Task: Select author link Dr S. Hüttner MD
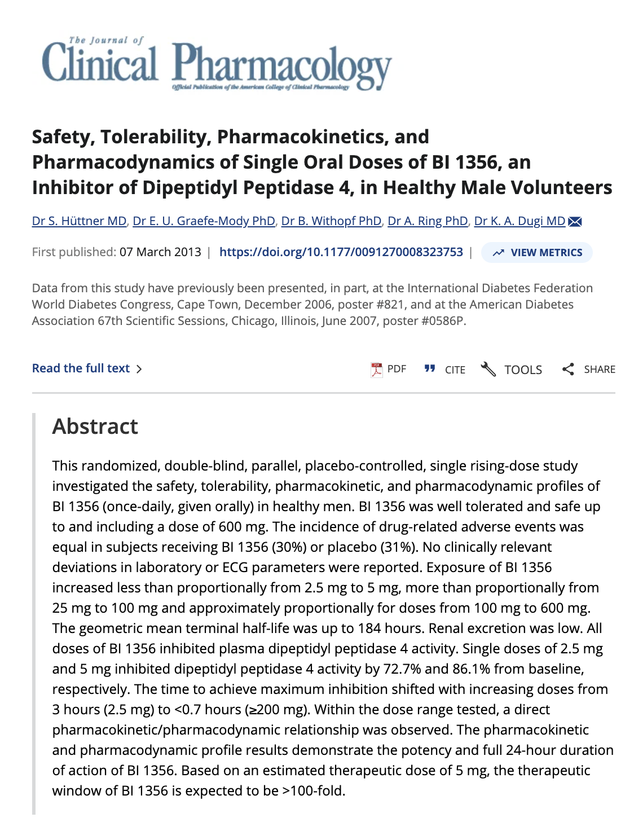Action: click(79, 221)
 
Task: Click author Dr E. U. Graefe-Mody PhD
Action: click(204, 221)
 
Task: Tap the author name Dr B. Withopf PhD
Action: click(331, 221)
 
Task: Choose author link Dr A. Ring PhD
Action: click(428, 221)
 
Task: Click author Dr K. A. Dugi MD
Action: click(519, 221)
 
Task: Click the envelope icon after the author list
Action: click(575, 222)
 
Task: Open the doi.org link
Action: click(341, 252)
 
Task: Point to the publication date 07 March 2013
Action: click(160, 252)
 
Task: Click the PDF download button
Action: click(389, 369)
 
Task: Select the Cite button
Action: click(445, 370)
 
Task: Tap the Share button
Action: click(589, 370)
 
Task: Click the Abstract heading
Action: click(95, 427)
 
